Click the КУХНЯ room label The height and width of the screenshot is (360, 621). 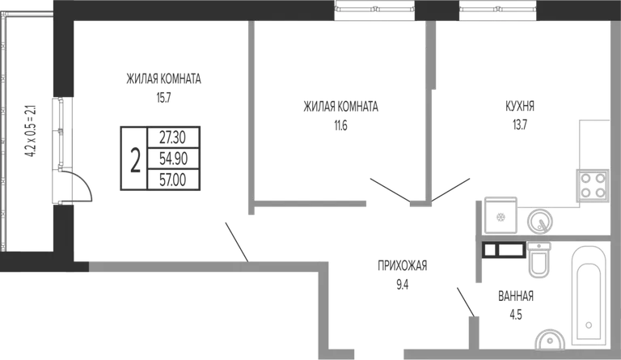[x=520, y=107]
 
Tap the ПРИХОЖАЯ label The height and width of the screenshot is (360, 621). [x=403, y=265]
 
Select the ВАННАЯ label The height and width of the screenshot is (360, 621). [x=516, y=296]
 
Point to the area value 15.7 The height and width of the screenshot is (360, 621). [x=163, y=98]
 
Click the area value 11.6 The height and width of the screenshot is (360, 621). [x=340, y=126]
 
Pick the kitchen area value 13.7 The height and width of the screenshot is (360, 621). [x=520, y=125]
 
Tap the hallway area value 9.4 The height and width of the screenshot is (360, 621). [x=403, y=284]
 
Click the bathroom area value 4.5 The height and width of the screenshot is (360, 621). [x=516, y=315]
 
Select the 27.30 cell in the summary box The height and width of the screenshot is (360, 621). [x=173, y=138]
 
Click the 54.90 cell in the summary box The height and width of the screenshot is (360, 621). [x=173, y=159]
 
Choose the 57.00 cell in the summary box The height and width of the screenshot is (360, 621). [x=173, y=180]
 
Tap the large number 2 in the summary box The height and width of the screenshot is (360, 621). [x=136, y=159]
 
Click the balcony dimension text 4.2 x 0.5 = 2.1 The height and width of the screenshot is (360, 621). [x=31, y=131]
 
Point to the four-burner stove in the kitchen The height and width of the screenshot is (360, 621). [x=593, y=185]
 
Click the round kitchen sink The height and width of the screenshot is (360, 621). [x=540, y=221]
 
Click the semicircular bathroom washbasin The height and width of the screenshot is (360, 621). [x=550, y=341]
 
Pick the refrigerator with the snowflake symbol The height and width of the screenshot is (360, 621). [x=501, y=215]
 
